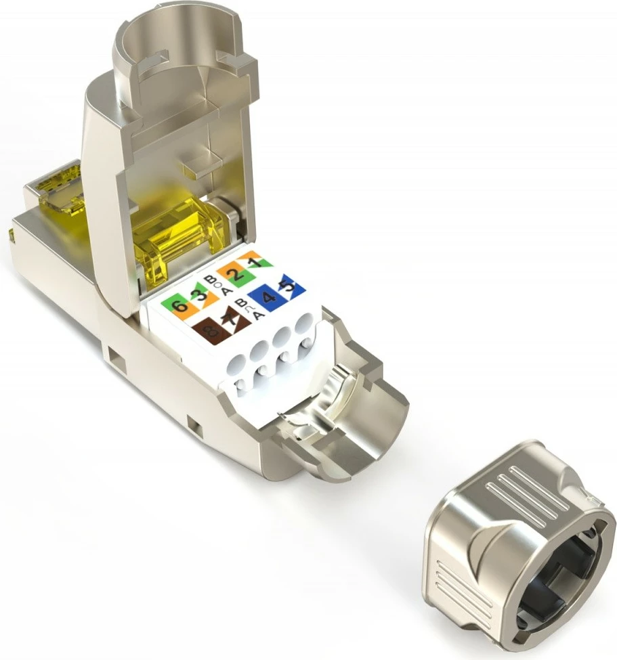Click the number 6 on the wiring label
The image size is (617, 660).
(179, 306)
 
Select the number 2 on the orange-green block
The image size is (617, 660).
(235, 275)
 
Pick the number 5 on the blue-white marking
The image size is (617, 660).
(288, 285)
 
